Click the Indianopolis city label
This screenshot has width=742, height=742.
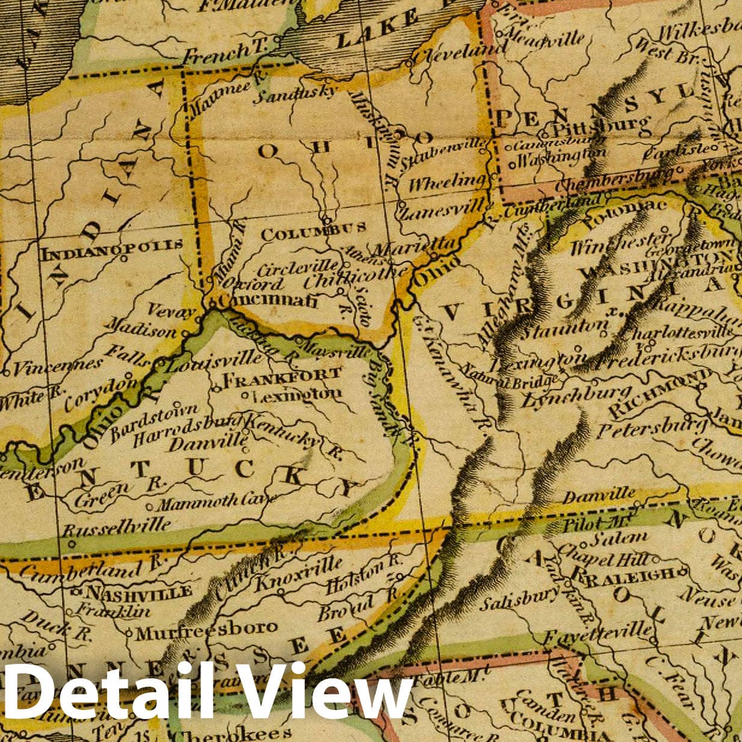111,245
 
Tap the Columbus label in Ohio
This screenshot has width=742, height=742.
313,230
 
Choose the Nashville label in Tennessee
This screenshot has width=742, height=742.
140,592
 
